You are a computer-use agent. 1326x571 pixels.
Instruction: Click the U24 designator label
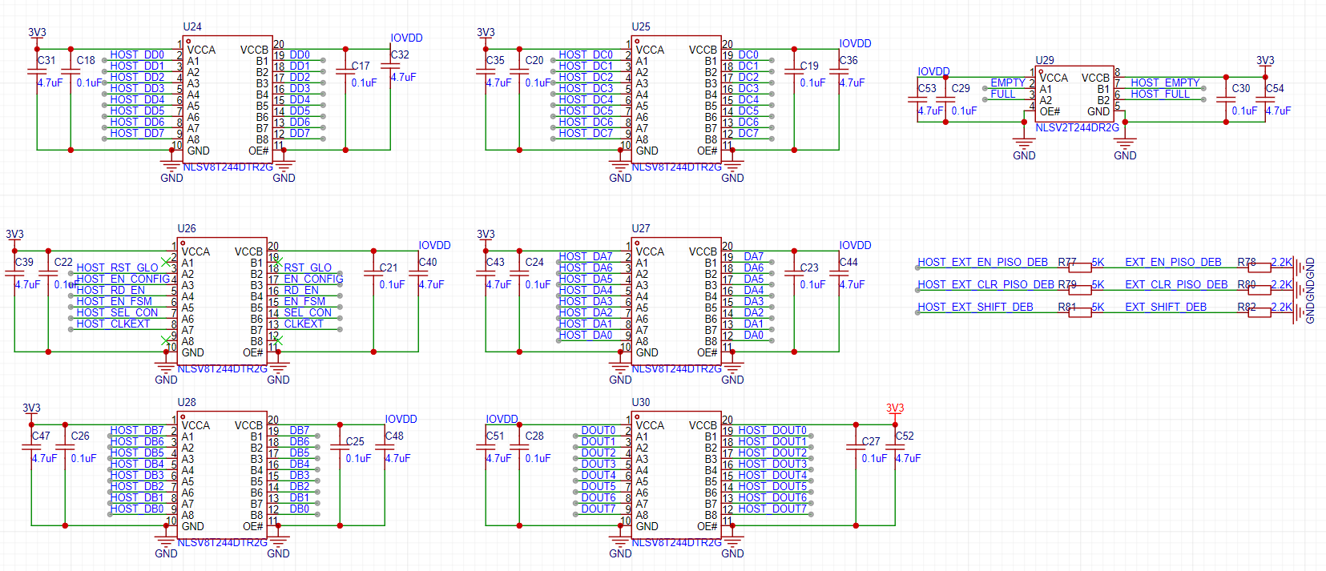pyautogui.click(x=192, y=26)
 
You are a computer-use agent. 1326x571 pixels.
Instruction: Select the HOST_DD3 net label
pyautogui.click(x=137, y=89)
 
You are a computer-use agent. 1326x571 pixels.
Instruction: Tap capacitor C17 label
pyautogui.click(x=361, y=66)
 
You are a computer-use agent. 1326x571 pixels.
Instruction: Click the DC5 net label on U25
pyautogui.click(x=748, y=111)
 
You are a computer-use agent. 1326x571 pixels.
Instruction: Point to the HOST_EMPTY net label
pyautogui.click(x=1165, y=83)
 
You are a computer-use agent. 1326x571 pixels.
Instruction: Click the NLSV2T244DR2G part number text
pyautogui.click(x=1077, y=128)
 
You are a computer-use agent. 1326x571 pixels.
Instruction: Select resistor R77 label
pyautogui.click(x=1066, y=263)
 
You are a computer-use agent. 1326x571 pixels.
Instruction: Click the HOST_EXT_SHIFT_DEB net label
pyautogui.click(x=975, y=308)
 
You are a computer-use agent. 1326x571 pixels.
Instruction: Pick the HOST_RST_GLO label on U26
pyautogui.click(x=117, y=268)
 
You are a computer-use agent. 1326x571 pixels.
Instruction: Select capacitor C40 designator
pyautogui.click(x=428, y=263)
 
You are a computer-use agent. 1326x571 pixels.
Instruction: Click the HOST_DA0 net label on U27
pyautogui.click(x=586, y=336)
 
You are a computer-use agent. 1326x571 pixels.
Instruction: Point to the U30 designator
pyautogui.click(x=641, y=403)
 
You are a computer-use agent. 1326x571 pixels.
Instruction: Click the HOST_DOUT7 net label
pyautogui.click(x=772, y=509)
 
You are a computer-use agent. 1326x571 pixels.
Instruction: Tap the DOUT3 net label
pyautogui.click(x=599, y=464)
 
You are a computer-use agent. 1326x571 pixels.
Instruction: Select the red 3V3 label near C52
pyautogui.click(x=895, y=408)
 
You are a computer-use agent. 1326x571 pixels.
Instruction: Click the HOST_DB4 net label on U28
pyautogui.click(x=137, y=464)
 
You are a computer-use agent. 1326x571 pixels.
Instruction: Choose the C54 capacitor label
pyautogui.click(x=1275, y=89)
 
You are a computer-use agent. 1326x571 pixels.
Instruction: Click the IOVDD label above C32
pyautogui.click(x=406, y=38)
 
